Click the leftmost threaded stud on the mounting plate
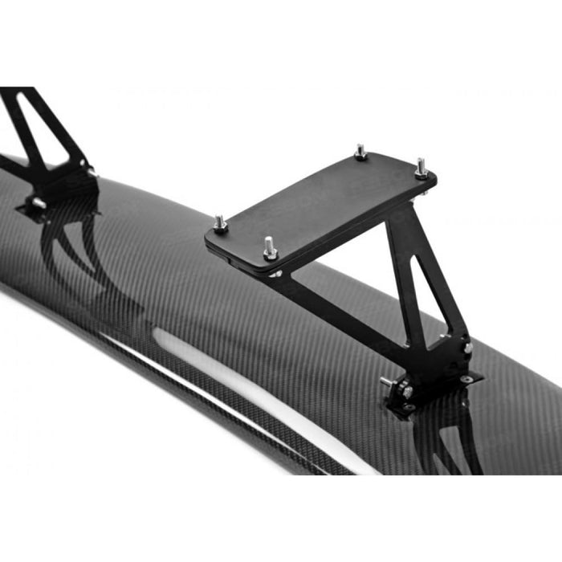coord(219,224)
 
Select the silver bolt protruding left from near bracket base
coord(387,381)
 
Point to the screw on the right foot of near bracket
coord(468,348)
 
